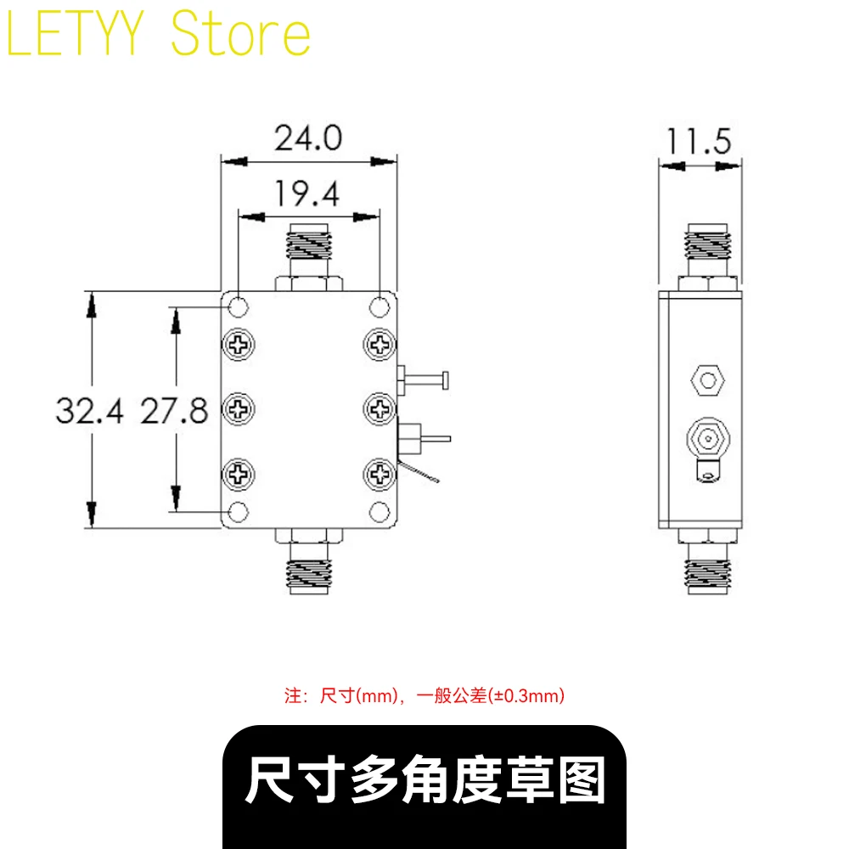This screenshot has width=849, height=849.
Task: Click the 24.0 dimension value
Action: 308,138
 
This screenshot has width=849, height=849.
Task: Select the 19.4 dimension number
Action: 307,194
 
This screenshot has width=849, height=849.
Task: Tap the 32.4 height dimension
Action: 89,410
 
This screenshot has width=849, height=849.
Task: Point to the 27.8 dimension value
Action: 174,410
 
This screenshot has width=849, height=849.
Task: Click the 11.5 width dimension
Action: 699,141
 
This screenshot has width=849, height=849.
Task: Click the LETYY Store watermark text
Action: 158,34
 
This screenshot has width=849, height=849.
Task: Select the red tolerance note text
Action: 424,695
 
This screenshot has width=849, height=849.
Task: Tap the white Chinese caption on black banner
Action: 425,779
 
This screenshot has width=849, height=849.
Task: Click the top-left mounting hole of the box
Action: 239,307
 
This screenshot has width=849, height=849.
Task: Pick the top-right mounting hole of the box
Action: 379,307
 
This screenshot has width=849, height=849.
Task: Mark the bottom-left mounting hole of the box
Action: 239,512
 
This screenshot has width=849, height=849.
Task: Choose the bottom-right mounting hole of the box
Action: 379,512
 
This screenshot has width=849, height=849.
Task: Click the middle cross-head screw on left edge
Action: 239,409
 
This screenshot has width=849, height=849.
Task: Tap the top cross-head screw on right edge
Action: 379,345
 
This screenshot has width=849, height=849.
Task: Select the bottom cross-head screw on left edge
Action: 239,475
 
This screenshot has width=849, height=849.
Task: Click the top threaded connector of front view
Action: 309,257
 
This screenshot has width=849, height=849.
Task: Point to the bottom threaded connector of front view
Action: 309,561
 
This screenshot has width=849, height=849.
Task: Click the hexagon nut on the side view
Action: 708,380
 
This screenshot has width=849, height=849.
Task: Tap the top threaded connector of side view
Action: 708,257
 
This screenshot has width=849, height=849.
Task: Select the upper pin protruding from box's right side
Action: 424,380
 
